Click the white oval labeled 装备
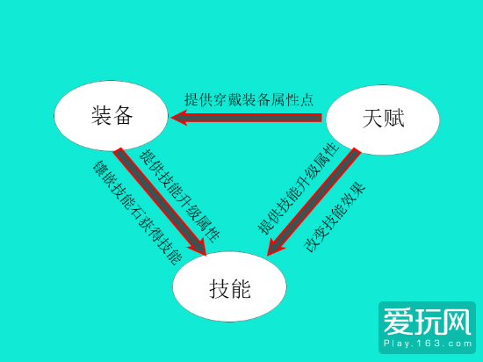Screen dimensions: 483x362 point(112,115)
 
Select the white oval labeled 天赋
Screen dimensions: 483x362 point(383,119)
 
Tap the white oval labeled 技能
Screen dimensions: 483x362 point(229,286)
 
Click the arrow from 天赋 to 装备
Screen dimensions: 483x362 point(247,118)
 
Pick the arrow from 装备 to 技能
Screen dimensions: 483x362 point(160,201)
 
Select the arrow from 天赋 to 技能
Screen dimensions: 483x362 point(314,201)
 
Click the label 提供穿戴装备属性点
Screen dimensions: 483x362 point(249,99)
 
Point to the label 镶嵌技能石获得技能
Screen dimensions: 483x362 point(137,213)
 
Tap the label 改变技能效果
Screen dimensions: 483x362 point(335,217)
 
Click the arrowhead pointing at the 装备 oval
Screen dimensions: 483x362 point(178,118)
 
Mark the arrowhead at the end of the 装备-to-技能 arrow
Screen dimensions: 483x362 point(198,247)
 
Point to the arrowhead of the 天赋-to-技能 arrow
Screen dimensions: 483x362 point(276,247)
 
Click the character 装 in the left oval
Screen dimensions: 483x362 point(101,115)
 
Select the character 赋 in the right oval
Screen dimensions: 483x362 point(393,119)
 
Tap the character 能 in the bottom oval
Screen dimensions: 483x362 point(241,289)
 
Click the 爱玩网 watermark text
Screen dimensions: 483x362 point(427,322)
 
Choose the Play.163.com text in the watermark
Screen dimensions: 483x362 point(428,344)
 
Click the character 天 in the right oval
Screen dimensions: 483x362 point(373,119)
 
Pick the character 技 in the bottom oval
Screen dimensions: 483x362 point(220,289)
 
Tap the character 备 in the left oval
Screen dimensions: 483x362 point(122,115)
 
